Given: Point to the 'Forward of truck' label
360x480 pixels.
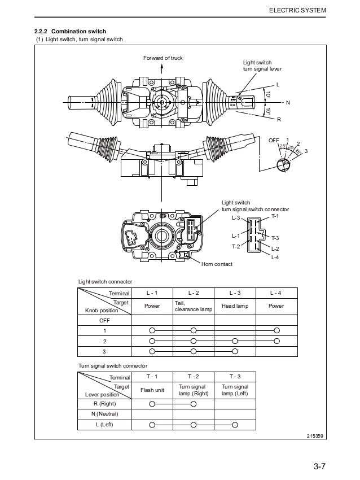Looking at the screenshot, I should click(163, 58).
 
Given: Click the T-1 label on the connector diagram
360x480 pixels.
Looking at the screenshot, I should click(275, 216).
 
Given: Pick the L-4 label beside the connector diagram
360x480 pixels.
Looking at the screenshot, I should click(275, 257).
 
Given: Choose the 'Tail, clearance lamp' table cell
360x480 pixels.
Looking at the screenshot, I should click(193, 306).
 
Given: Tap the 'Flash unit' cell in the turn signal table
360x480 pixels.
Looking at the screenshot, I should click(152, 390).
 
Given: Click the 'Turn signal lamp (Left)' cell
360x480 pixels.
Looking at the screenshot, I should click(234, 390).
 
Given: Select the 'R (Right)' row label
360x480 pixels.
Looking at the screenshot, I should click(104, 404).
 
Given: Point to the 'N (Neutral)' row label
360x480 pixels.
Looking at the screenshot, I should click(104, 414).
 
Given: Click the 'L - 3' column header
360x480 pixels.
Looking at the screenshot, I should click(234, 293).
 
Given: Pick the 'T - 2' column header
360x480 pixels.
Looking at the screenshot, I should click(193, 376).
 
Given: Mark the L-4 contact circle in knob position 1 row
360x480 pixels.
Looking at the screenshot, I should click(276, 330).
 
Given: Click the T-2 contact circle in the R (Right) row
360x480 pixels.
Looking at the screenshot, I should click(193, 404).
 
